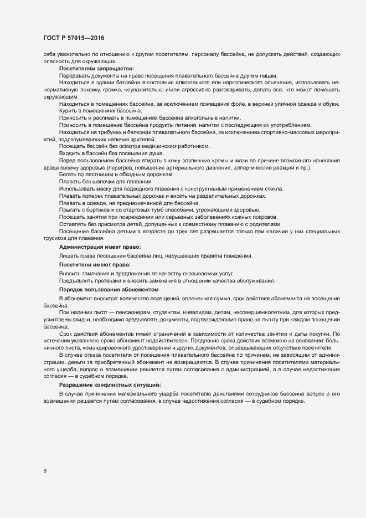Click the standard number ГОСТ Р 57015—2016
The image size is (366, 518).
coord(74,38)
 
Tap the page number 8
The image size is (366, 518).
coord(45,471)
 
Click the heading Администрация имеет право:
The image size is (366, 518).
coord(100,246)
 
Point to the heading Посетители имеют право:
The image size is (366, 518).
coord(95,265)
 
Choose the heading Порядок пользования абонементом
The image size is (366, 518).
coord(109,290)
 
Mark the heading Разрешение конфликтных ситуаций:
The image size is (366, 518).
coord(110,384)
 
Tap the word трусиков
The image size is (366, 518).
coord(54,238)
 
